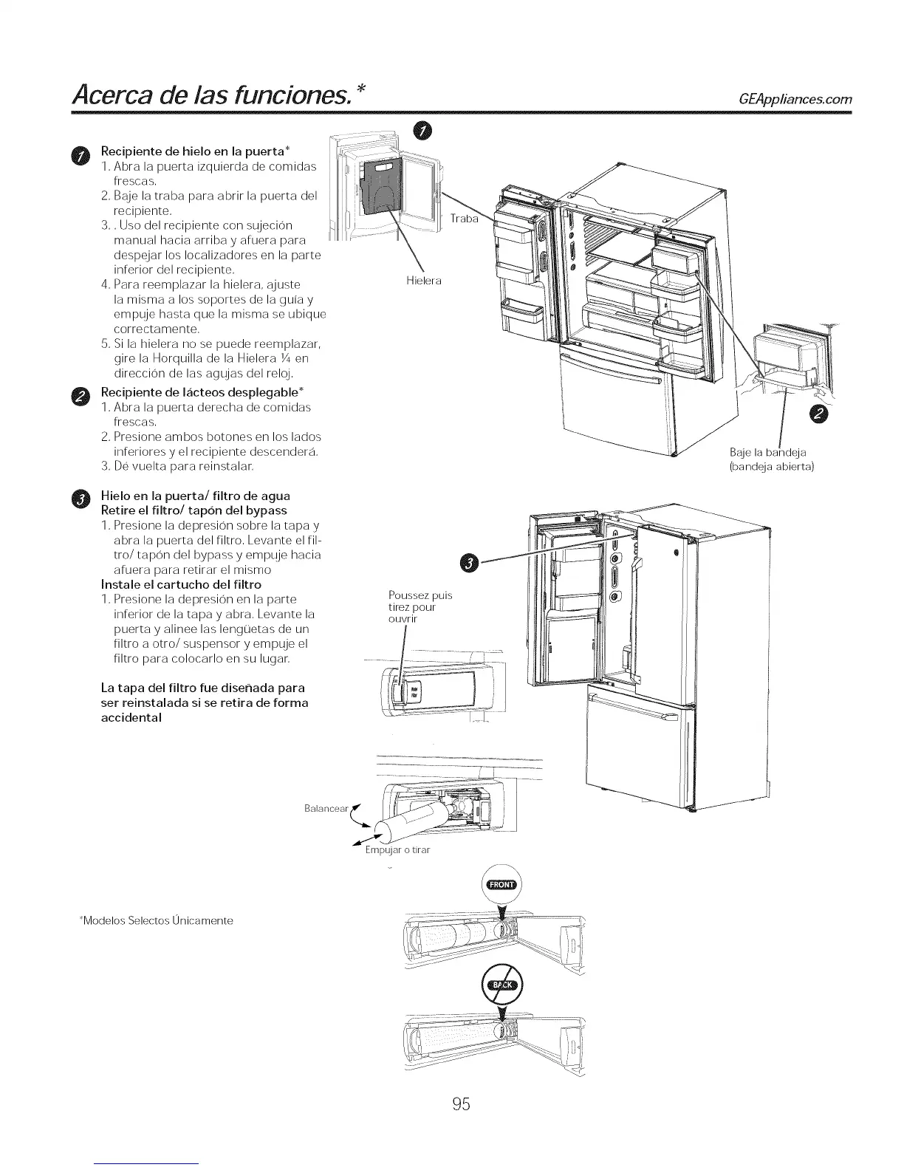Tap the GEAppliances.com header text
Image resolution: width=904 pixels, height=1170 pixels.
(790, 99)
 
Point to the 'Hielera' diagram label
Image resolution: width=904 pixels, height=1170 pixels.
(424, 281)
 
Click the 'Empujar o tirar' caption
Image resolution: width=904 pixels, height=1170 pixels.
(397, 850)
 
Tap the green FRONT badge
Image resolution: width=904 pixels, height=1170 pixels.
(501, 886)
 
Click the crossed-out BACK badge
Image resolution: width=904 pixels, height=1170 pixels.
(501, 985)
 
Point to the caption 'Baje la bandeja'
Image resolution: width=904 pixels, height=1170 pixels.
(767, 452)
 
